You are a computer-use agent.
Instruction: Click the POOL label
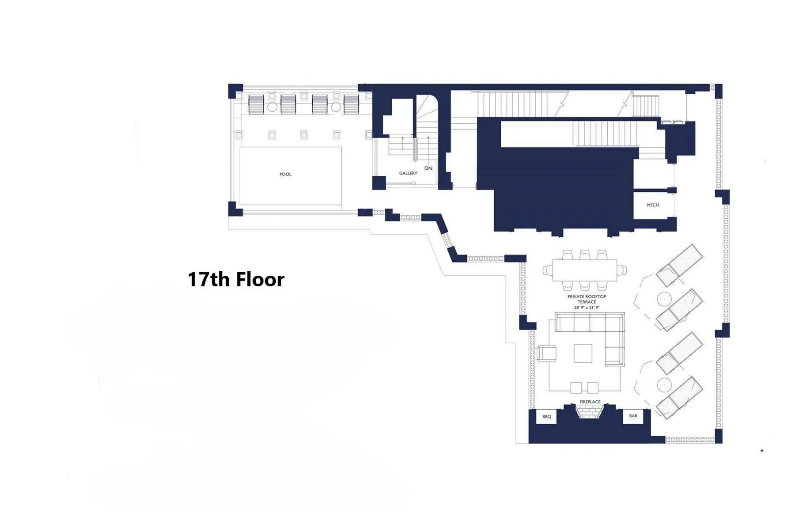[285, 174]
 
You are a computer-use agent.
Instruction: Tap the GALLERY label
[408, 173]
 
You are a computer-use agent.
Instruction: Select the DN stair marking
[428, 168]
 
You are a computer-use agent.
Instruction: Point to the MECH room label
[652, 205]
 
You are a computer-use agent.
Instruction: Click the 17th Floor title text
[236, 279]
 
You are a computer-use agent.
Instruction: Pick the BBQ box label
[546, 416]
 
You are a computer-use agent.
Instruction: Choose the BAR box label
[633, 416]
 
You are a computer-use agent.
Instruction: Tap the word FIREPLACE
[590, 402]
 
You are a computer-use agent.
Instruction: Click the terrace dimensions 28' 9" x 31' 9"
[587, 308]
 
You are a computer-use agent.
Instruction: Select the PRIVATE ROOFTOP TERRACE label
[587, 299]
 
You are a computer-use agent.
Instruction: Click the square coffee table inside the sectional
[583, 353]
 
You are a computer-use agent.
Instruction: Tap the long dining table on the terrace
[584, 270]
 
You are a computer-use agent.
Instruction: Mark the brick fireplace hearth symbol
[590, 412]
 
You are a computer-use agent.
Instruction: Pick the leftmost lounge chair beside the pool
[256, 104]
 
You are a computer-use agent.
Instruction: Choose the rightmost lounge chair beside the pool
[352, 104]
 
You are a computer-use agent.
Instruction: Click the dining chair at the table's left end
[547, 270]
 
